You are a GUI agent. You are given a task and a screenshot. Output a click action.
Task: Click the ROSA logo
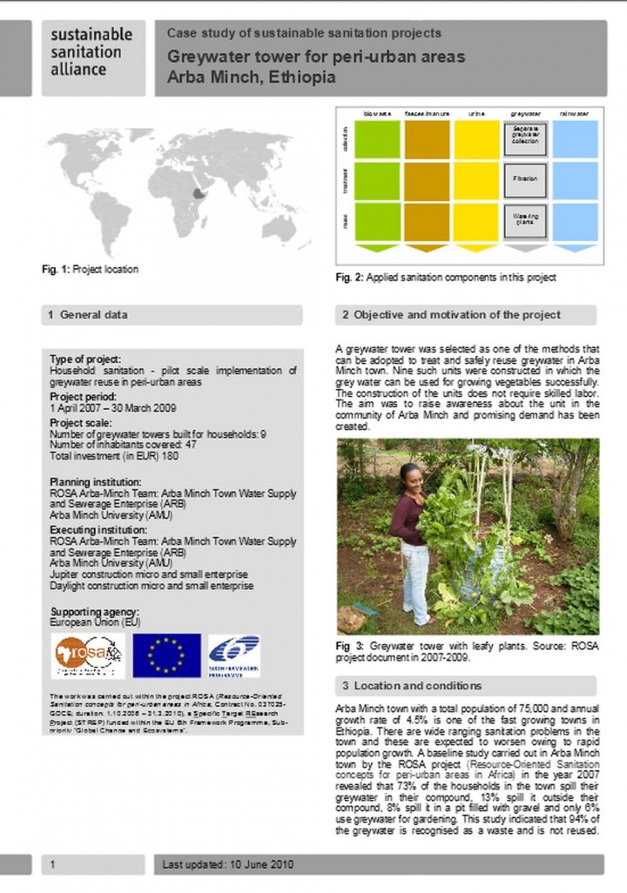[x=87, y=655]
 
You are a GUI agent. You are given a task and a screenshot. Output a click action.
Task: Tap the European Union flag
[x=166, y=655]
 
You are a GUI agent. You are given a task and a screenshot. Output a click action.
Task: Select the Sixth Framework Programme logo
[x=234, y=655]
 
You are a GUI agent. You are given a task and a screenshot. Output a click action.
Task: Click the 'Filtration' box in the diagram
[x=525, y=180]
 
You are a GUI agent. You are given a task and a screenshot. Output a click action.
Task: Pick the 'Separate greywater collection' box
[x=525, y=138]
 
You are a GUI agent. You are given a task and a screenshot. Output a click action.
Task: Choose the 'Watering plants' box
[x=525, y=221]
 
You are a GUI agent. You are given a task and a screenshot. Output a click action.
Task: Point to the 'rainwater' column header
[x=575, y=113]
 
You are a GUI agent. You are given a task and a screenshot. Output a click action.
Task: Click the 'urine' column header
[x=476, y=113]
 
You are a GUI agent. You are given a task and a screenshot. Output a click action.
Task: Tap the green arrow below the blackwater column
[x=377, y=248]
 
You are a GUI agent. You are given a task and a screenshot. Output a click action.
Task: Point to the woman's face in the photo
[x=410, y=477]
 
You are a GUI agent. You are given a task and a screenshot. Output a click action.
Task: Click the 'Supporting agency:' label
[x=94, y=612]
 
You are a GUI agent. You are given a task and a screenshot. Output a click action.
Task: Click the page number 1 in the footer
[x=53, y=865]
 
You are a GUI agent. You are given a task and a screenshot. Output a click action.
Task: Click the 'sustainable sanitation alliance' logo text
[x=91, y=51]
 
